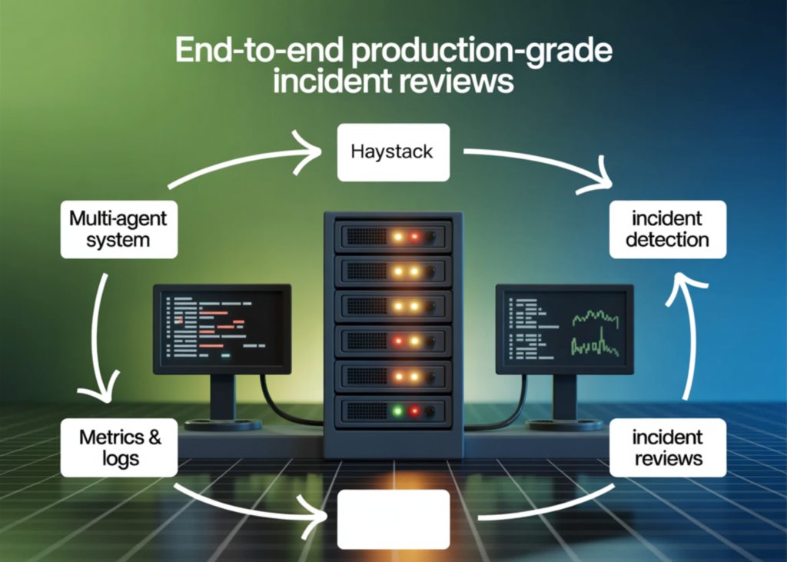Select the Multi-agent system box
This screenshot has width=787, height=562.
pos(119,229)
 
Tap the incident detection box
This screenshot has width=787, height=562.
pos(666,229)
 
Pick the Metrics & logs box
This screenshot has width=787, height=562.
pos(120,447)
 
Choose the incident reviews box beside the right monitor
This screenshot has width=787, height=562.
pos(666,447)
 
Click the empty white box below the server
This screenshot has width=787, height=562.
pos(393,520)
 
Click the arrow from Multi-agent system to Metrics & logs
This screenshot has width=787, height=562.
pos(96,338)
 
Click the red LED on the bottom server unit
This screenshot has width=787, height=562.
pos(414,411)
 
